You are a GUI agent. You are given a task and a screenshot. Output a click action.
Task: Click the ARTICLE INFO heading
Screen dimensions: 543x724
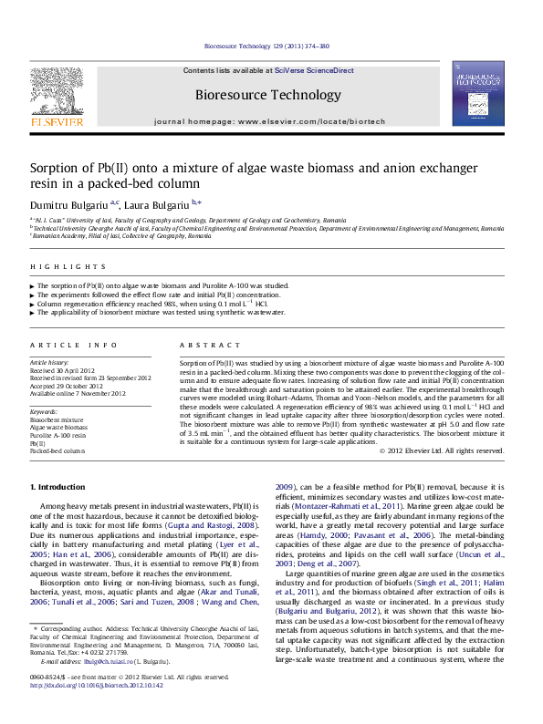click(x=74, y=346)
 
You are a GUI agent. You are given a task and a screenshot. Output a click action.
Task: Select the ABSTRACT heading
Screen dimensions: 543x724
click(x=205, y=346)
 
